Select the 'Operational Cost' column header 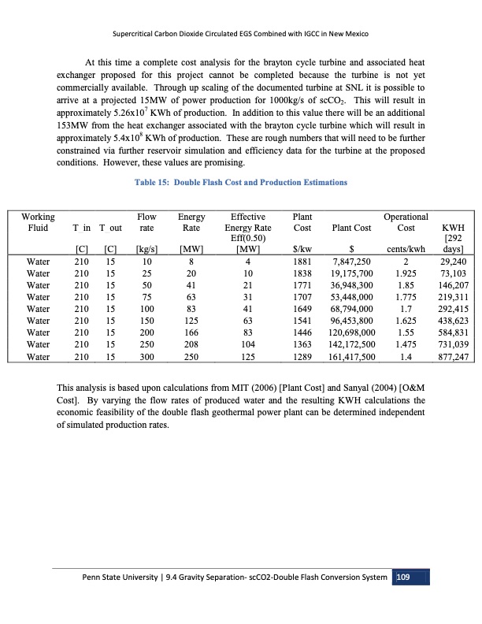[405, 222]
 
